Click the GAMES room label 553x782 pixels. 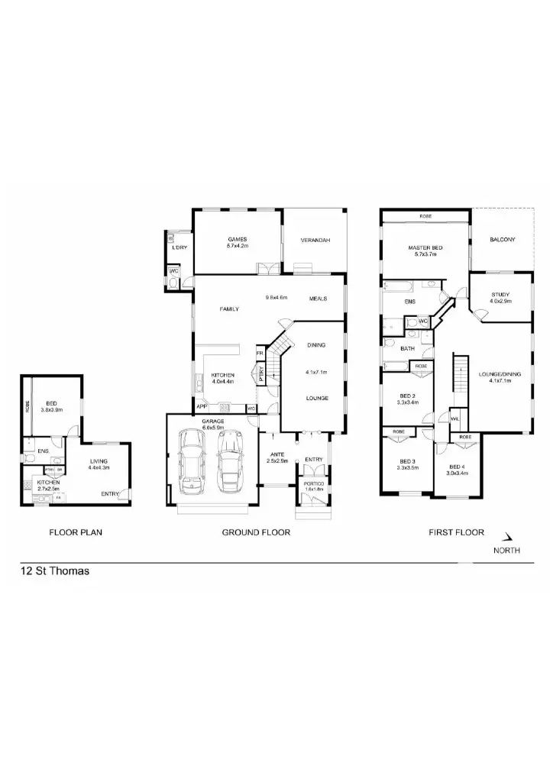click(x=237, y=239)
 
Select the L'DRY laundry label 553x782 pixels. click(x=179, y=247)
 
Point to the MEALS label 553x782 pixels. click(x=318, y=299)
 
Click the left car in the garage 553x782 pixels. click(x=192, y=463)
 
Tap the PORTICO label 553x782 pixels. click(x=314, y=483)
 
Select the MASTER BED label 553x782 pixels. click(x=425, y=248)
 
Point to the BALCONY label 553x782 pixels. click(x=502, y=240)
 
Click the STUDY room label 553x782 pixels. click(x=500, y=295)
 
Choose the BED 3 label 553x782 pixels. click(x=407, y=461)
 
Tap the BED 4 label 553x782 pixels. click(x=456, y=467)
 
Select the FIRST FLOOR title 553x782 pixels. click(x=456, y=532)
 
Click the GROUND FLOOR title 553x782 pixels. click(x=256, y=532)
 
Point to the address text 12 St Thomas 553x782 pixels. click(x=55, y=570)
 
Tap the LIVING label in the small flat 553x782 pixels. click(x=99, y=461)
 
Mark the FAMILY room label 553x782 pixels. click(x=229, y=309)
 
